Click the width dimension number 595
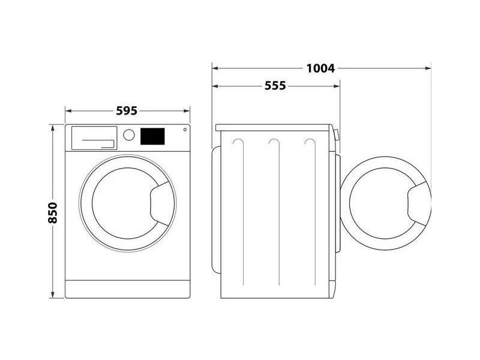pyautogui.click(x=127, y=111)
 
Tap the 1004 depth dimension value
pyautogui.click(x=320, y=68)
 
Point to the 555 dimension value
pyautogui.click(x=275, y=86)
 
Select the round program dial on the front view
pyautogui.click(x=129, y=134)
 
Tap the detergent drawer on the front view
pyautogui.click(x=94, y=137)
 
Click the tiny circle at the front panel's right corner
pyautogui.click(x=184, y=129)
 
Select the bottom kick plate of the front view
pyautogui.click(x=127, y=288)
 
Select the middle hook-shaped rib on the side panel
pyautogui.click(x=275, y=144)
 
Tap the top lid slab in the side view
pyautogui.click(x=274, y=127)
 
